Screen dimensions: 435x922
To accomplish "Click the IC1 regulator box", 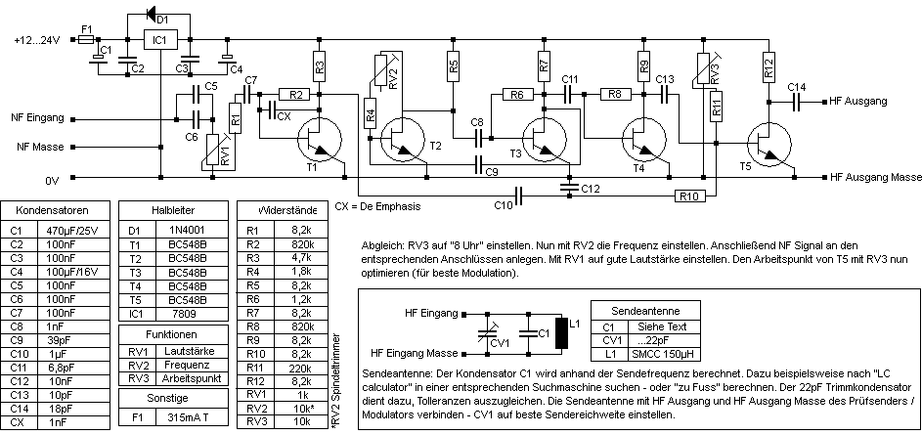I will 159,40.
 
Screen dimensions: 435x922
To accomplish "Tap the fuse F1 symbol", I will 86,41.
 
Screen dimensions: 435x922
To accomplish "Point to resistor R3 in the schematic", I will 320,67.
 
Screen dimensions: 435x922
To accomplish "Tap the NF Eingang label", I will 37,117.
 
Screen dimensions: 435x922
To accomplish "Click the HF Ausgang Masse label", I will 875,178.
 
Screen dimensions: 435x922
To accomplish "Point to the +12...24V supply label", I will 37,41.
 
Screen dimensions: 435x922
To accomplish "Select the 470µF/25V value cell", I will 73,230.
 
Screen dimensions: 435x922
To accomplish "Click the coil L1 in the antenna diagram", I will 561,334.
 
